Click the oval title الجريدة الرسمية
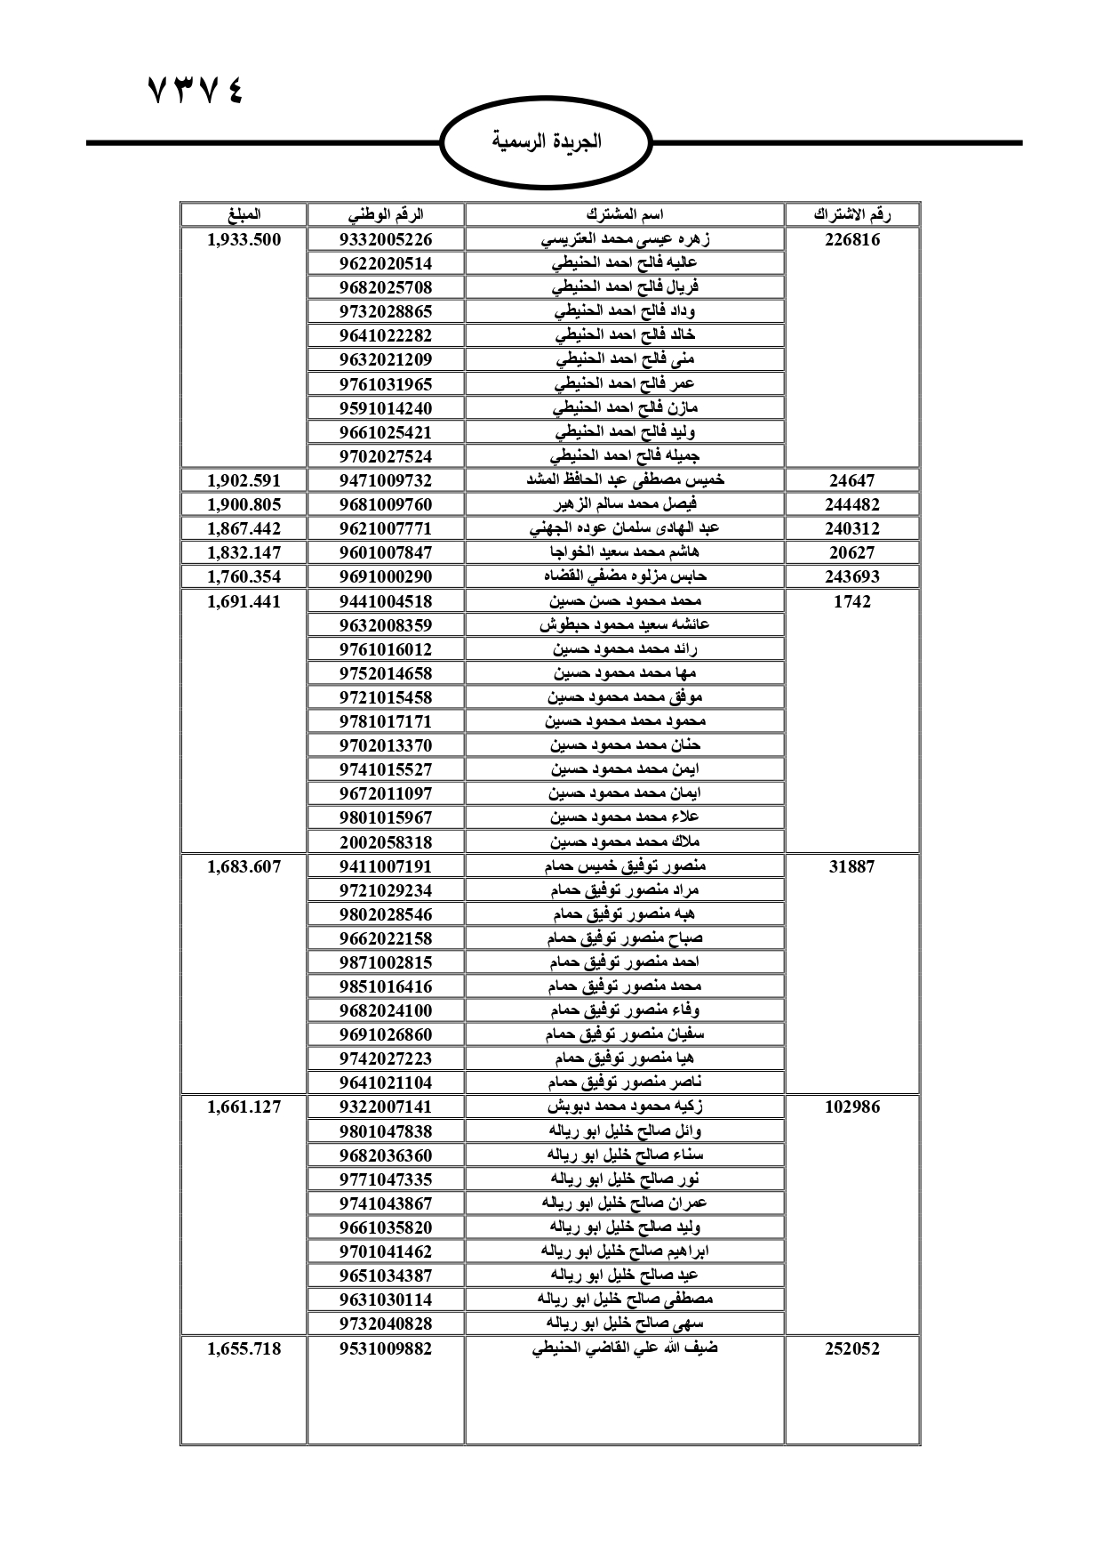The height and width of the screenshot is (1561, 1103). coord(547,141)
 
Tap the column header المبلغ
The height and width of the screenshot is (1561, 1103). coord(244,214)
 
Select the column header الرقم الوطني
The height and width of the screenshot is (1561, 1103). coord(386,214)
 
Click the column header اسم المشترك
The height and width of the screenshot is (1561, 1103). coord(625,214)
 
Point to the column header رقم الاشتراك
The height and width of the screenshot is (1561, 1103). coord(851,214)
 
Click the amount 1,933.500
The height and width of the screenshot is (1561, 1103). coord(244,239)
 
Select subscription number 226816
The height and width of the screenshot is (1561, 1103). coord(851,239)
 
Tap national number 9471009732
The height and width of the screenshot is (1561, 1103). coord(386,480)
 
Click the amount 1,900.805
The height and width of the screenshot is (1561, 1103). coord(244,504)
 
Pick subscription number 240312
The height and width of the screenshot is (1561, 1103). coord(851,528)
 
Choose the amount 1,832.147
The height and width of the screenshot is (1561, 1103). coord(244,552)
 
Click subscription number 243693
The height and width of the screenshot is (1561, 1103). coord(851,576)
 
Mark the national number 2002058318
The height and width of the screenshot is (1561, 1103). coord(386,841)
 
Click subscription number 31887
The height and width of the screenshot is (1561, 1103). coord(851,866)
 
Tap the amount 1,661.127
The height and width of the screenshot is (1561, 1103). coord(244,1106)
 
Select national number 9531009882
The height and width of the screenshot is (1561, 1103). coord(386,1348)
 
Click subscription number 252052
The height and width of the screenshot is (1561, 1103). coord(851,1348)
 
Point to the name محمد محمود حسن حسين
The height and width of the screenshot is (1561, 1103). coord(625,601)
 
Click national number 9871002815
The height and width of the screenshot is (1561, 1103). coord(386,962)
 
